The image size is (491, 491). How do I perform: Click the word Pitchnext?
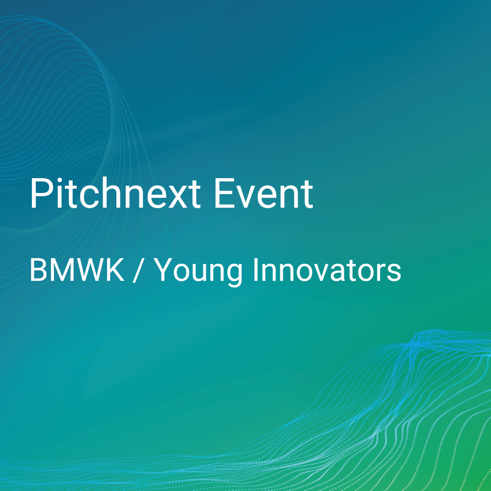[x=115, y=193]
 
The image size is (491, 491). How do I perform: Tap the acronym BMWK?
[x=77, y=270]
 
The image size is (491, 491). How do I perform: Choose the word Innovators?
[x=327, y=270]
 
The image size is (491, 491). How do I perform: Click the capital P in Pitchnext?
[x=41, y=193]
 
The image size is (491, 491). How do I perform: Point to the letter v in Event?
[x=246, y=197]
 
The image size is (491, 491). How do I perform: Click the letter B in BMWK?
[x=38, y=270]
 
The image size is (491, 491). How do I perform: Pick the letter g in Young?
[x=234, y=276]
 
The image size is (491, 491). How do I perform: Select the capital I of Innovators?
[x=255, y=270]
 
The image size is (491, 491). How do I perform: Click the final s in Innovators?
[x=394, y=273]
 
